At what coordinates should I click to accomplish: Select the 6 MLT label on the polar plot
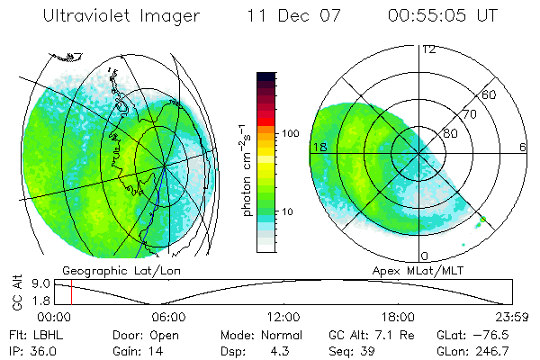tap(522, 147)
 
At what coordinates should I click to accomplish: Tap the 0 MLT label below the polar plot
tap(424, 255)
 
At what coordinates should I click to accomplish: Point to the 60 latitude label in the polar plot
tap(490, 94)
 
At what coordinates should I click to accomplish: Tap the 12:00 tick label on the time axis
tap(283, 317)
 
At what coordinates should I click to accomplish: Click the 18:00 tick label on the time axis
tap(399, 317)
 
